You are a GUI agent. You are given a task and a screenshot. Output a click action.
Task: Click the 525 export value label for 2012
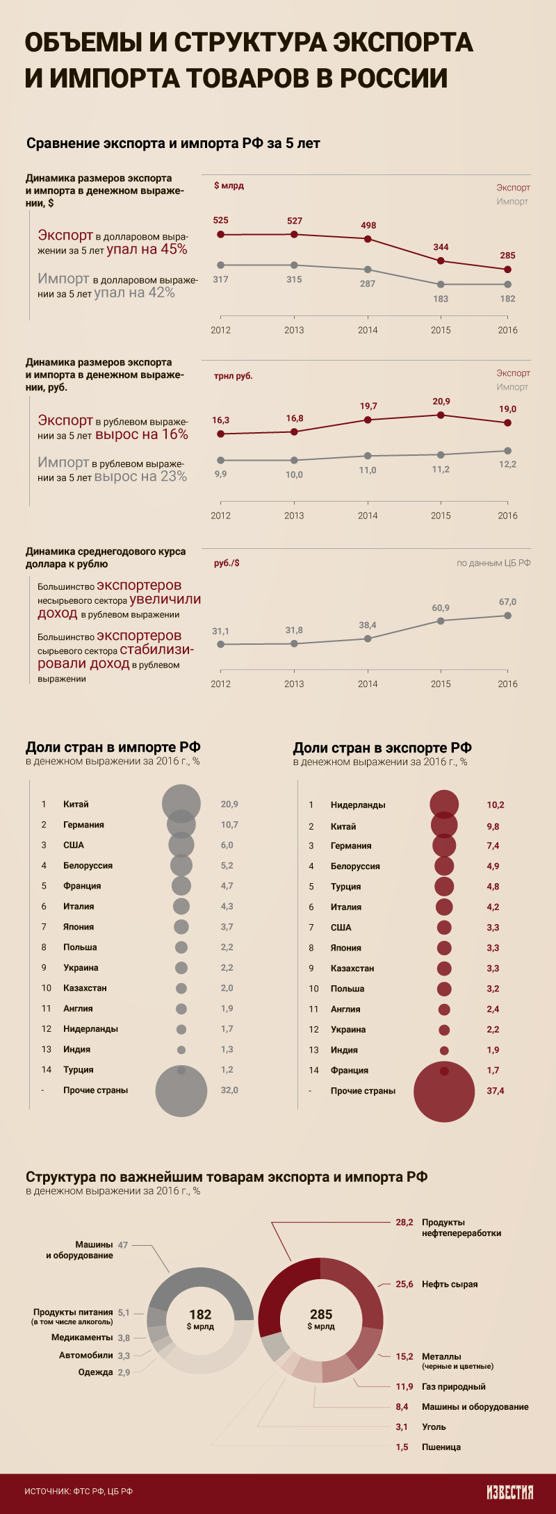[x=220, y=220]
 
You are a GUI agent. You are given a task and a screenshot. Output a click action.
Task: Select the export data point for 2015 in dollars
[x=441, y=261]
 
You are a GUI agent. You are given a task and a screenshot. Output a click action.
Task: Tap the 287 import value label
[x=368, y=283]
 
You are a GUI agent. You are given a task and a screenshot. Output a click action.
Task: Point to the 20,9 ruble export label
[x=441, y=402]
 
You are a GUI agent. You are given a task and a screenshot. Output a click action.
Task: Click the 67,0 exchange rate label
[x=507, y=602]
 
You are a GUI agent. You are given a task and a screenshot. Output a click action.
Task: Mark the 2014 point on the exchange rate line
[x=368, y=639]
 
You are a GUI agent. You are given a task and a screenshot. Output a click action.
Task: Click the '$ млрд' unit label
[x=229, y=186]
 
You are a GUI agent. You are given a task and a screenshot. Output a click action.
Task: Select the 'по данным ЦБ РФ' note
[x=493, y=563]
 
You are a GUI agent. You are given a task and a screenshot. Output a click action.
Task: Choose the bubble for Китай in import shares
[x=181, y=803]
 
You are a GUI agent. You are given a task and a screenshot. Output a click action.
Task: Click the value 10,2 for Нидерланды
[x=495, y=805]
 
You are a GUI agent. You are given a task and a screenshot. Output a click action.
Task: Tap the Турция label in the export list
[x=345, y=887]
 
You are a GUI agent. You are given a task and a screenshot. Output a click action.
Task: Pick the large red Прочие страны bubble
[x=444, y=1092]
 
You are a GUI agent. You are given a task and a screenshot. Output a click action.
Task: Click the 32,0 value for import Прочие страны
[x=229, y=1090]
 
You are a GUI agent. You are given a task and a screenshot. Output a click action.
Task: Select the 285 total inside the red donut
[x=321, y=1315]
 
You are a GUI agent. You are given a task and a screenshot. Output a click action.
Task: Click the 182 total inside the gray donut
[x=200, y=1315]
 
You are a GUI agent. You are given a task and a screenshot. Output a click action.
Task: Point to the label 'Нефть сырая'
[x=450, y=1284]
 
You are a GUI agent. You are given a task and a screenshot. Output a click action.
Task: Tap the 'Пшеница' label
[x=441, y=1447]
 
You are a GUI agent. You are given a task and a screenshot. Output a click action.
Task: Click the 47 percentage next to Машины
[x=123, y=1245]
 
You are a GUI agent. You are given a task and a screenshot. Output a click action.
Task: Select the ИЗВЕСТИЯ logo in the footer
[x=509, y=1492]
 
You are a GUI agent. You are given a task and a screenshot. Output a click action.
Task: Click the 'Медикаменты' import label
[x=82, y=1338]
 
